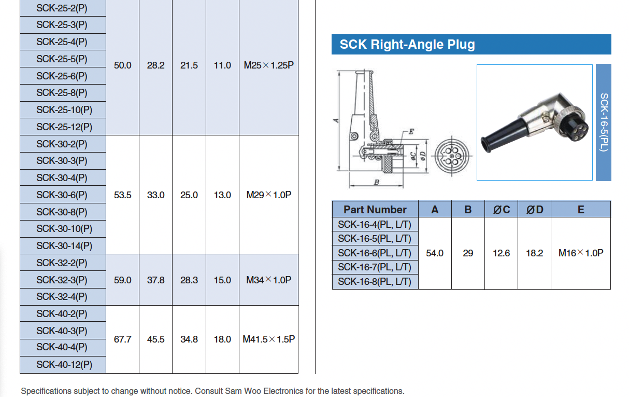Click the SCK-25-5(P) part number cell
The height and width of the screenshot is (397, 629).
pos(62,59)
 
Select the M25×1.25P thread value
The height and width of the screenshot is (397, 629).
pos(268,66)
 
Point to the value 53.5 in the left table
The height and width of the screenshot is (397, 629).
pos(122,195)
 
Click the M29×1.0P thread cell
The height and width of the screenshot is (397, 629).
pos(268,195)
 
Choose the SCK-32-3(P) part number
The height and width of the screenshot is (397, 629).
pos(62,280)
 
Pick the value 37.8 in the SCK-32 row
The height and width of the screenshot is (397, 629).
pos(155,280)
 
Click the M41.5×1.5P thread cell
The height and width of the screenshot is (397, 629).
pos(268,339)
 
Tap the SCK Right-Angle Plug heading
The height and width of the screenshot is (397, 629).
pos(407,45)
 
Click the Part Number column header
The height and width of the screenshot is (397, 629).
pos(375,210)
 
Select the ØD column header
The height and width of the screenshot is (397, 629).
pos(534,210)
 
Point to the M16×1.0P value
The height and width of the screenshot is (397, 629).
pos(580,253)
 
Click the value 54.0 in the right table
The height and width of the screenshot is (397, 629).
pos(434,253)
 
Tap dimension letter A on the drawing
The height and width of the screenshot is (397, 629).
pos(336,120)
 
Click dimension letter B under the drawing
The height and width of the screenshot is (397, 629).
pos(377,183)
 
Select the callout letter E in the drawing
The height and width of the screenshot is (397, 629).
pos(411,132)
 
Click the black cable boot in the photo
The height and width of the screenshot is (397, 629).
pos(503,134)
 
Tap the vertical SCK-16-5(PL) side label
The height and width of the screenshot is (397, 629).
pos(604,122)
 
